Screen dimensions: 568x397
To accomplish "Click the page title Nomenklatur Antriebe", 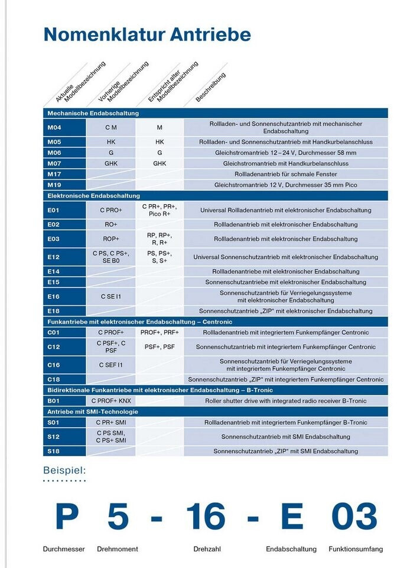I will click(147, 34).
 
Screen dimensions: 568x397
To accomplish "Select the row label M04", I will click(55, 127).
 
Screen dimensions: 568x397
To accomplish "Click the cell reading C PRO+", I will click(111, 210).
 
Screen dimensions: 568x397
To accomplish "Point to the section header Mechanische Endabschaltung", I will click(93, 113).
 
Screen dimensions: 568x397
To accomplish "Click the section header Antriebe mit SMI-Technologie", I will click(93, 411).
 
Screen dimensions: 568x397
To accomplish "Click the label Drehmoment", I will click(117, 549).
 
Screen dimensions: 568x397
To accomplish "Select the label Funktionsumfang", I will click(356, 549).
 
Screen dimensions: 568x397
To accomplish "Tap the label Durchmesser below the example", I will click(64, 549).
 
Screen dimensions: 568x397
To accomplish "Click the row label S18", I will click(54, 451).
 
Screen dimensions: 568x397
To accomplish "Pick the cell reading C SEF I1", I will click(111, 364).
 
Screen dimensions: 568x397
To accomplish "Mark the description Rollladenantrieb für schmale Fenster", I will click(286, 174).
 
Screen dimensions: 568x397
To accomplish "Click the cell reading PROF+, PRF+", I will click(160, 333).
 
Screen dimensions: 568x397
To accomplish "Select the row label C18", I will click(54, 379).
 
